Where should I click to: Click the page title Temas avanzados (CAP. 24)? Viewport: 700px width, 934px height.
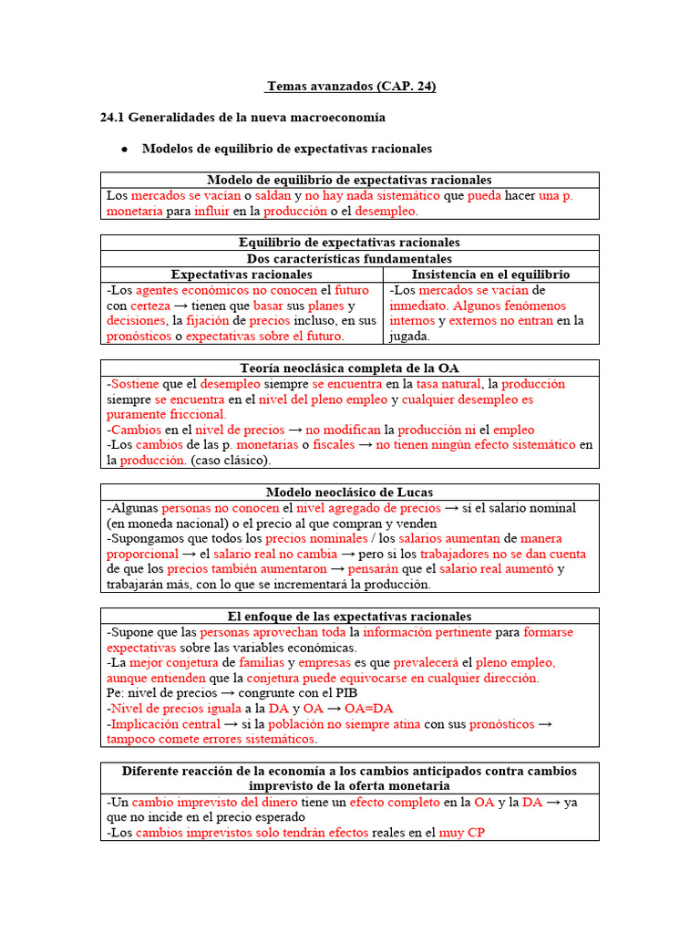(x=351, y=87)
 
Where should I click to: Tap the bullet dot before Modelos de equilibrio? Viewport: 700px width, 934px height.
(x=123, y=149)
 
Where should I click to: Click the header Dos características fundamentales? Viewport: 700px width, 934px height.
(x=350, y=258)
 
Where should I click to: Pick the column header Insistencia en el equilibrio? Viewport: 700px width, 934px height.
(x=490, y=274)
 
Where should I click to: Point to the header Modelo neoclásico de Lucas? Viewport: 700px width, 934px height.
(x=350, y=492)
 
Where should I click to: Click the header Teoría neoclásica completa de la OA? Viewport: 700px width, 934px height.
(x=350, y=368)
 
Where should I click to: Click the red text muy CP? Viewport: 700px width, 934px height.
(x=462, y=833)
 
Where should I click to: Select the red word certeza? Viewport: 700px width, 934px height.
(x=150, y=306)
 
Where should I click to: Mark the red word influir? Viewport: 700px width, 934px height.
(x=211, y=211)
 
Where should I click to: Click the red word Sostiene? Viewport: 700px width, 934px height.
(x=135, y=384)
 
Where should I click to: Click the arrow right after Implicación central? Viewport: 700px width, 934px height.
(x=232, y=723)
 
